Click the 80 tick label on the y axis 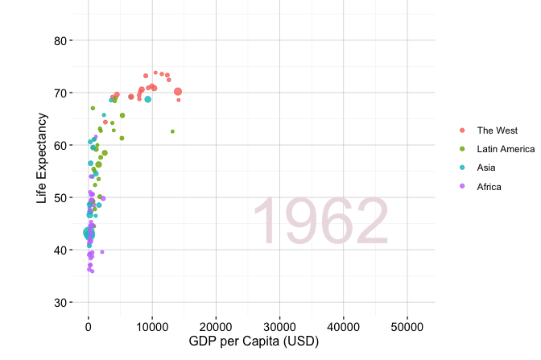point(60,41)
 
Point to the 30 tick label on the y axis point(60,303)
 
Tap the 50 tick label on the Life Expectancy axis point(60,198)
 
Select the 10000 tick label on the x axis point(152,327)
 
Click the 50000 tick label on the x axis point(407,327)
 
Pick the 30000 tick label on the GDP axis point(279,327)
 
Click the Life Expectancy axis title point(41,158)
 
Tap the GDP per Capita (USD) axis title point(254,341)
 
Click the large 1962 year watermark point(321,221)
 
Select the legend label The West point(498,130)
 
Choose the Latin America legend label point(506,149)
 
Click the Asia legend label point(486,168)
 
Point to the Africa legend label point(489,187)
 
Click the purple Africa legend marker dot point(462,186)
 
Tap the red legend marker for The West point(462,130)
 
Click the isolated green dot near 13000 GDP point(172,131)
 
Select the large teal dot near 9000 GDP point(147,99)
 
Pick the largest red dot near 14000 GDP point(178,92)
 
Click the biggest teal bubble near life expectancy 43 point(89,234)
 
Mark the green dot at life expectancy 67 point(93,109)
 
